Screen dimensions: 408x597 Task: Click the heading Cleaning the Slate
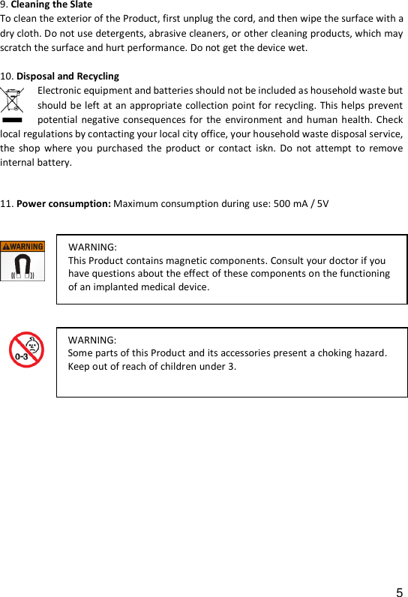[52, 4]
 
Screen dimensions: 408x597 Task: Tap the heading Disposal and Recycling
[67, 76]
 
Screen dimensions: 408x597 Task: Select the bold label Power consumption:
[64, 203]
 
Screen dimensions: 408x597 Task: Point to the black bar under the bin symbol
[13, 118]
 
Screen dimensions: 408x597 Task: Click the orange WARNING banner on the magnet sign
[22, 246]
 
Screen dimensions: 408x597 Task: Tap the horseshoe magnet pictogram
[22, 265]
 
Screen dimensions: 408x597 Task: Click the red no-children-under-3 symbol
[26, 349]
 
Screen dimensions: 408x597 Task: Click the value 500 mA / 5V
[301, 203]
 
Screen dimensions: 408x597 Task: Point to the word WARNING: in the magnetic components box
[92, 247]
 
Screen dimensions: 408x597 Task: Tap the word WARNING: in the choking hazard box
[92, 340]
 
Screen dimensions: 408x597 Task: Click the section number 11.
[6, 203]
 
